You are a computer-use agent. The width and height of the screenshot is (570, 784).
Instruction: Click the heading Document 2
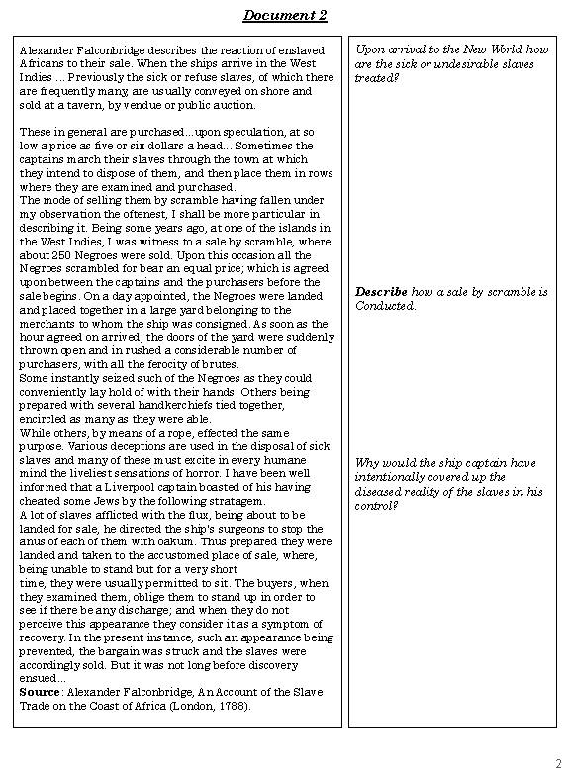pyautogui.click(x=284, y=15)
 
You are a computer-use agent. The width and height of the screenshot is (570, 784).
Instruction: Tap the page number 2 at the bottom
pyautogui.click(x=558, y=763)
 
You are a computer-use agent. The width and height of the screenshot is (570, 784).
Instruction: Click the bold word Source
pyautogui.click(x=41, y=693)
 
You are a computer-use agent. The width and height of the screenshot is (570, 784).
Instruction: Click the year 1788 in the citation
pyautogui.click(x=232, y=707)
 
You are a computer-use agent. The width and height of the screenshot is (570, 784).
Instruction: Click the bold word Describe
pyautogui.click(x=380, y=292)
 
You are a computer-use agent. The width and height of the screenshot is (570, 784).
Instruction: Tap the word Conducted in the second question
pyautogui.click(x=386, y=306)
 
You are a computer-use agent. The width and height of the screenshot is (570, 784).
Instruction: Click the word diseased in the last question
pyautogui.click(x=381, y=491)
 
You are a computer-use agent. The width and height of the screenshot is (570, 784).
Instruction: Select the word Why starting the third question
pyautogui.click(x=366, y=463)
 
